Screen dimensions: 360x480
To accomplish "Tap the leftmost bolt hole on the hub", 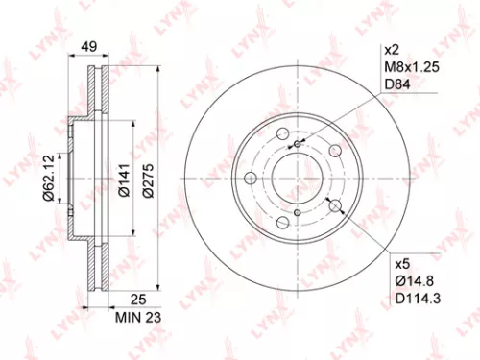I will [250, 179].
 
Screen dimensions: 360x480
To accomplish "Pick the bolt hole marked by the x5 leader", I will [334, 204].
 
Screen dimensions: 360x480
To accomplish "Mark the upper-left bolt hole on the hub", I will [281, 134].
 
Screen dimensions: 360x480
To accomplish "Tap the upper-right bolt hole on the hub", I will [334, 151].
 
